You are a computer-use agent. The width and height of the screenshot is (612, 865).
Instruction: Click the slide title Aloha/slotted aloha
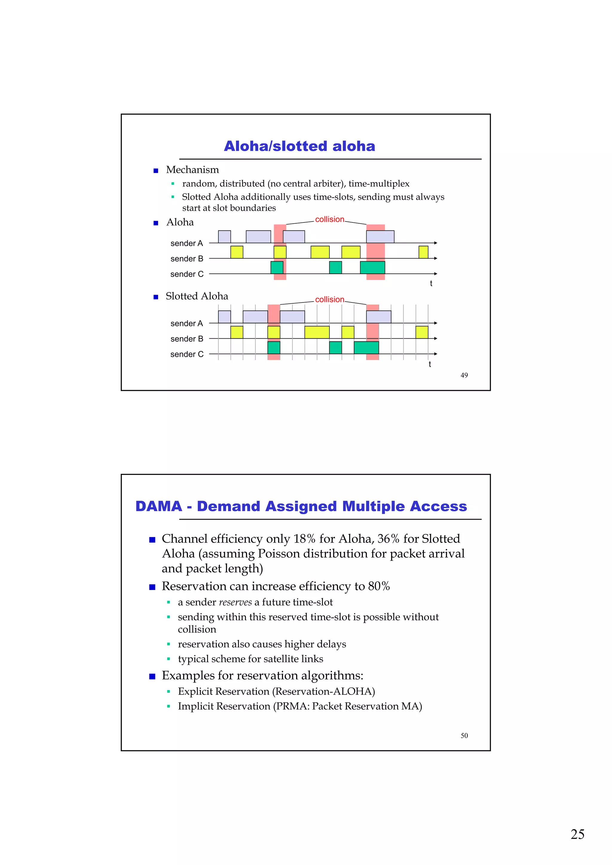coord(299,146)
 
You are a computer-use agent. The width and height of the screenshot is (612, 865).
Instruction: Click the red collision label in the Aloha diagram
coord(329,219)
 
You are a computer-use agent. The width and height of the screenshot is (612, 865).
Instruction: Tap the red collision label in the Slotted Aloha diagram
coord(329,299)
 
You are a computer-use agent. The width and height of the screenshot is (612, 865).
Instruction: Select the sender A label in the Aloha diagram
coord(187,243)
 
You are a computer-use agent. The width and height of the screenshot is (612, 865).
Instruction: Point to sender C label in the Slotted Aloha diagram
coord(187,354)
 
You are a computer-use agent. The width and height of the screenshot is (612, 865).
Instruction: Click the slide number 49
coord(464,375)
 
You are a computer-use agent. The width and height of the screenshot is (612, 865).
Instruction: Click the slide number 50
coord(464,735)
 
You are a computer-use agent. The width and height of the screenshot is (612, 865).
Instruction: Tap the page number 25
coord(577,834)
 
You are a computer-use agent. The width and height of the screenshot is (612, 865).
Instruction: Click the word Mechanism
coord(192,170)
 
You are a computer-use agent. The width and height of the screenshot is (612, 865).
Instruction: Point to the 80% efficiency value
coord(379,586)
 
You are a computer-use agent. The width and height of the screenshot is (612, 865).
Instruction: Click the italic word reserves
coord(235,602)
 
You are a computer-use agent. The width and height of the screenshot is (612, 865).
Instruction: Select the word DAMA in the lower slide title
coord(159,506)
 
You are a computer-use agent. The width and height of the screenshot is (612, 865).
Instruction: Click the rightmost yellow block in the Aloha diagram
coord(423,252)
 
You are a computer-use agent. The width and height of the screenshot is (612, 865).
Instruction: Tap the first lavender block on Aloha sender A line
coord(224,236)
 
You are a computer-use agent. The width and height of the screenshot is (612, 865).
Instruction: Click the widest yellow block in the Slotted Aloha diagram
coord(317,332)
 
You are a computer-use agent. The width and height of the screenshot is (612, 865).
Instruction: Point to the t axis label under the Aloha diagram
coord(431,283)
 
